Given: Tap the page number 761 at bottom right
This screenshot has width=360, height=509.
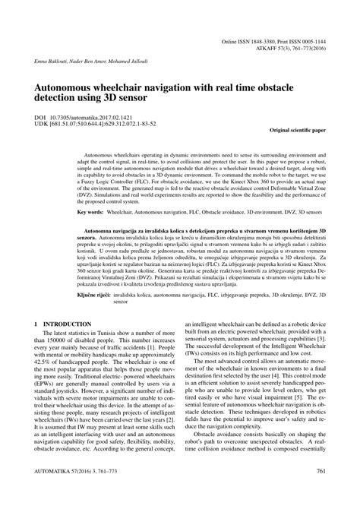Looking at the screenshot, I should [323, 492].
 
